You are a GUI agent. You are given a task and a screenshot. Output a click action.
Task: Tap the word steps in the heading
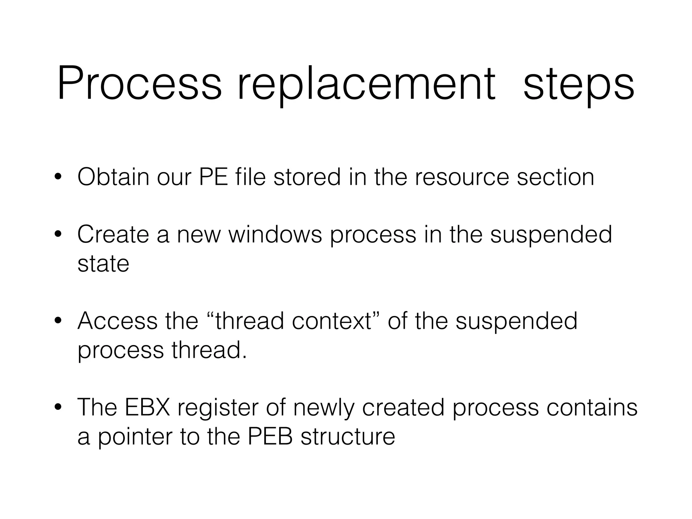[578, 84]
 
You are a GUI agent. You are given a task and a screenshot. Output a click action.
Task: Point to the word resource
[462, 177]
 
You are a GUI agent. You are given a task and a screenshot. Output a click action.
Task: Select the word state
[103, 264]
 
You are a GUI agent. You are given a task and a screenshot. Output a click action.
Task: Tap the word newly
[324, 408]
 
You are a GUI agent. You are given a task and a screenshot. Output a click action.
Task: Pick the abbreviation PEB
[270, 437]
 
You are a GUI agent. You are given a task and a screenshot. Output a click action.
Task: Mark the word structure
[348, 437]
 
